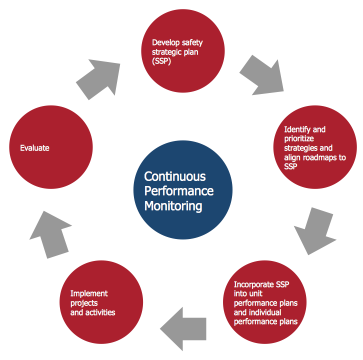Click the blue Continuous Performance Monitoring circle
point(182,191)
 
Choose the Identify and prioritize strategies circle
point(315,147)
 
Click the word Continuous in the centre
point(168,176)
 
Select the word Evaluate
point(34,148)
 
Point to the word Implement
point(89,293)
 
